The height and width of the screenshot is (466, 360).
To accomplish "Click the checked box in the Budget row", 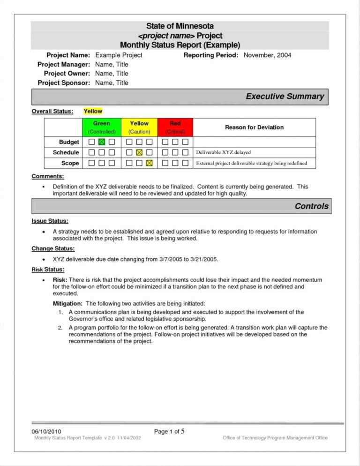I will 102,142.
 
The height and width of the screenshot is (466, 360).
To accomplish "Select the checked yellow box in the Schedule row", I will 139,152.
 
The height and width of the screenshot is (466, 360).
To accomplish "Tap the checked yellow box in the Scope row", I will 150,163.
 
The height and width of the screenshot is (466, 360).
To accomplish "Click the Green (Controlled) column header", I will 102,128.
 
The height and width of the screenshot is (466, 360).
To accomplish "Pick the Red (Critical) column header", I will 175,128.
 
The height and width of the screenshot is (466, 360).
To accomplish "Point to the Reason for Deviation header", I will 254,127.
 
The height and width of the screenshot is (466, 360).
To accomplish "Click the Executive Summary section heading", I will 285,97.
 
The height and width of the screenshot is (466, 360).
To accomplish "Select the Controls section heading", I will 311,206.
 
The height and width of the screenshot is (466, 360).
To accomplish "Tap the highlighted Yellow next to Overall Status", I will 93,111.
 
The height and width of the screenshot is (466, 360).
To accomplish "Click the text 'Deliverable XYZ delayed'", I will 223,152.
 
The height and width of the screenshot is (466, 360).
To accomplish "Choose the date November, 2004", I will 267,55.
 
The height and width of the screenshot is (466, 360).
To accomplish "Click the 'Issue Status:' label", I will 50,221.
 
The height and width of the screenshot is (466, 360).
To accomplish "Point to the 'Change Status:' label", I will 53,248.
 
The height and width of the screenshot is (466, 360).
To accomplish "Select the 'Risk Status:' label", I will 48,270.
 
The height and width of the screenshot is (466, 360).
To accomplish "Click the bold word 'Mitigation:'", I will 68,304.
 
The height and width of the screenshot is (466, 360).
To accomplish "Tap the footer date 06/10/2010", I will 46,431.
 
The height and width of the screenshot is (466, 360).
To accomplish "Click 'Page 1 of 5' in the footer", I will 169,431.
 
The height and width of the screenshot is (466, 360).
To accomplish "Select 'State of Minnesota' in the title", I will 180,26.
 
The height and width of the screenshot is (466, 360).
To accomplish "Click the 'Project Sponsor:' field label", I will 64,83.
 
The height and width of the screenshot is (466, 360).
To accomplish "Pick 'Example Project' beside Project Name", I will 119,55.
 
